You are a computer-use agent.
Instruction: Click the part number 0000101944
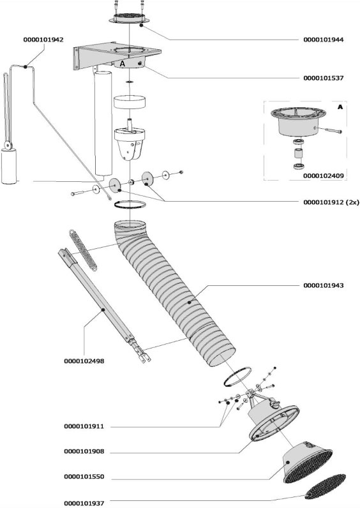click(x=324, y=40)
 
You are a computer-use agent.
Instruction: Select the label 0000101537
click(x=324, y=78)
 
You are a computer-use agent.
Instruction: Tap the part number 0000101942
click(x=43, y=40)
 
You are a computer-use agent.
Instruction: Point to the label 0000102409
click(x=324, y=176)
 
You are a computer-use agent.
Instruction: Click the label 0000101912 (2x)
click(x=331, y=202)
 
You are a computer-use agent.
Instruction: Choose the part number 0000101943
click(x=324, y=285)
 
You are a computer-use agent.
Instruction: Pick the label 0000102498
click(x=84, y=361)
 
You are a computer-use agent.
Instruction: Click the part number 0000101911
click(x=84, y=426)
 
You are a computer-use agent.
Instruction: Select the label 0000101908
click(x=84, y=451)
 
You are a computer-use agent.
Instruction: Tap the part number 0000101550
click(x=84, y=477)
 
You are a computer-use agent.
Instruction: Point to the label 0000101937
click(x=84, y=503)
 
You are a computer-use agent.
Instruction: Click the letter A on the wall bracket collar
click(x=122, y=64)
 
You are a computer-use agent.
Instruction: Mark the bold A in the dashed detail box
click(x=340, y=107)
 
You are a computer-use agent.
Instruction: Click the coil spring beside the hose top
click(x=83, y=250)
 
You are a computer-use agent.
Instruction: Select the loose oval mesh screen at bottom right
click(x=325, y=486)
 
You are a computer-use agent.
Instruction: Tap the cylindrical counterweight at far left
click(x=9, y=166)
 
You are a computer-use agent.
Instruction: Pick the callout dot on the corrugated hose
click(x=189, y=303)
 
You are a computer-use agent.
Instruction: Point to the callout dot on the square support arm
click(x=103, y=310)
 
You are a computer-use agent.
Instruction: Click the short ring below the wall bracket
click(x=130, y=102)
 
